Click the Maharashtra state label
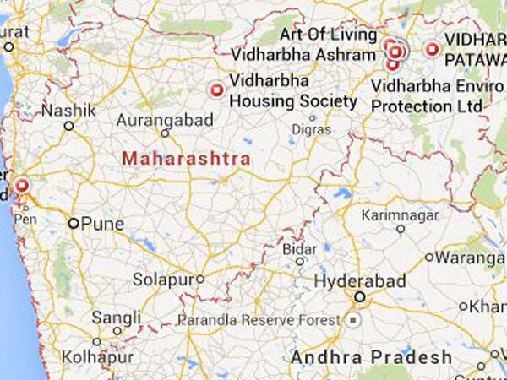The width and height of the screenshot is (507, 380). (186, 158)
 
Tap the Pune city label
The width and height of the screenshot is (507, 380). (103, 224)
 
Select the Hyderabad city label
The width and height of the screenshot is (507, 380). (360, 281)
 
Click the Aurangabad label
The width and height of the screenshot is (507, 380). (165, 121)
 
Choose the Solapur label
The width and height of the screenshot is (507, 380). (165, 279)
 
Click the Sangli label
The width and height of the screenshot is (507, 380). (117, 318)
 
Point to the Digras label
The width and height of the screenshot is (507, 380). (308, 129)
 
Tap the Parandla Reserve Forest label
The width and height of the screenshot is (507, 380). (258, 321)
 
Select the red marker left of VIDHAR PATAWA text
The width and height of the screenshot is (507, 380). (433, 50)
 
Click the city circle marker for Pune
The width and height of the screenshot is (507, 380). (74, 224)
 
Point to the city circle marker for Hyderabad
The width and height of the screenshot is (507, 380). (360, 297)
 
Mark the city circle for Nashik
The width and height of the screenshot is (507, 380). (69, 126)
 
